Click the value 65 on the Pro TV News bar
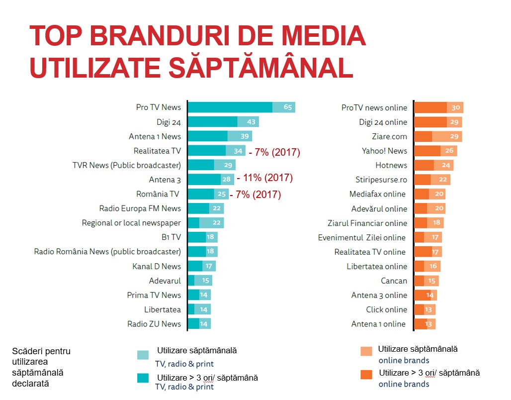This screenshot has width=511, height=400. [x=288, y=107]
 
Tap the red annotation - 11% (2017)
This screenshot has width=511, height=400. [x=265, y=178]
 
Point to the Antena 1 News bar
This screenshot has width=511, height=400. [x=220, y=136]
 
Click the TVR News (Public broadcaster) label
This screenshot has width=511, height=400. [x=127, y=165]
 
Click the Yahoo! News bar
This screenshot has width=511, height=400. [x=435, y=151]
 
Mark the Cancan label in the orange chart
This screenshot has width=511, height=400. [x=394, y=281]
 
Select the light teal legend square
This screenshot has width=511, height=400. [x=143, y=355]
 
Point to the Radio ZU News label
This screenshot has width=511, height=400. [x=154, y=324]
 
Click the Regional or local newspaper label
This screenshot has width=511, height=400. [x=131, y=223]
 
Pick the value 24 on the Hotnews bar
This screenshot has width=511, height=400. [x=445, y=165]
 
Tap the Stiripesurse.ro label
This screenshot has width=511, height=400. [x=381, y=180]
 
